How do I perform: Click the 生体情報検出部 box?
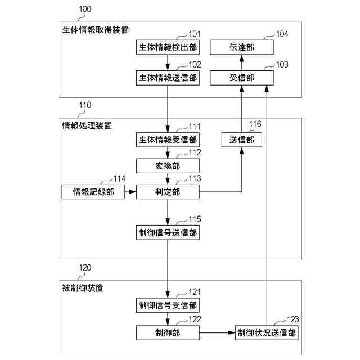(x=168, y=47)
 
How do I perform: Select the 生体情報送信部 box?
(x=168, y=78)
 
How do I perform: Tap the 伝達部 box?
(x=242, y=47)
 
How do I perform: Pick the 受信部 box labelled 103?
(x=242, y=78)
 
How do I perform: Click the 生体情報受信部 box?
(x=168, y=139)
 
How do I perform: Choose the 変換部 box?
(x=168, y=165)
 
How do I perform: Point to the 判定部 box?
(x=168, y=192)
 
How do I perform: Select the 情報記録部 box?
(x=93, y=192)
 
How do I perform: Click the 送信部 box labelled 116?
(x=242, y=139)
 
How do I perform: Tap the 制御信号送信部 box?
(x=168, y=232)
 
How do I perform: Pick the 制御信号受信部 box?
(x=168, y=305)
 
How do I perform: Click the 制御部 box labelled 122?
(x=168, y=332)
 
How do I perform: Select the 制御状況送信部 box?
(x=266, y=332)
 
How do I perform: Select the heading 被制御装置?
(x=83, y=288)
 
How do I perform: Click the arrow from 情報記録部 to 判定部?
(x=130, y=192)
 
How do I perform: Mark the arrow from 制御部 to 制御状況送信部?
(x=217, y=332)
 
